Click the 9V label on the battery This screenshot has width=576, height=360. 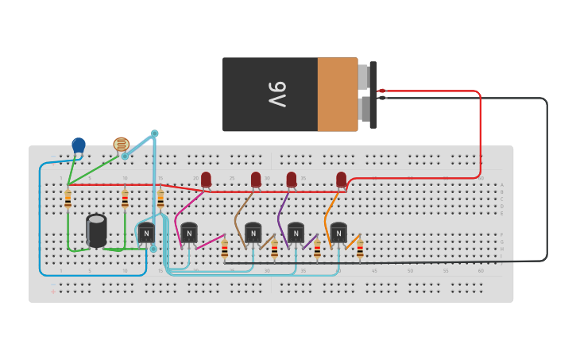276,94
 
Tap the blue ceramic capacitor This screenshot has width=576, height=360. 79,145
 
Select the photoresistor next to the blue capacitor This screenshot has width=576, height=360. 121,145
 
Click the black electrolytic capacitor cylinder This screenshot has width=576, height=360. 96,230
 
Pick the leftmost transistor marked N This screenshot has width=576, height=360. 146,233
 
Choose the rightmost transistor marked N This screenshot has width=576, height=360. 338,233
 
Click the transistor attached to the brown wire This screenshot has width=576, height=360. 253,233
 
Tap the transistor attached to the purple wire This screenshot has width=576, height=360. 296,233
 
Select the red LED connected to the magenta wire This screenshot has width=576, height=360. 206,179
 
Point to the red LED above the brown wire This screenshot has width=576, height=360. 256,179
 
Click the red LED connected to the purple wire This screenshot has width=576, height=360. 292,179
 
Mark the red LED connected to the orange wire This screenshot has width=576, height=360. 341,179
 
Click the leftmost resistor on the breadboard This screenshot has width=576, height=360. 68,199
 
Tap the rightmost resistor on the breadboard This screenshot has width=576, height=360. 360,250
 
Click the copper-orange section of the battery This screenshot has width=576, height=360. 337,94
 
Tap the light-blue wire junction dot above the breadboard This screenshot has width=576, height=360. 155,134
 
